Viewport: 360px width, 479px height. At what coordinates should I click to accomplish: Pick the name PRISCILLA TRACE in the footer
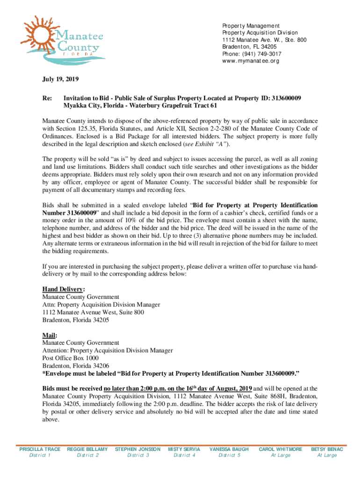coord(40,449)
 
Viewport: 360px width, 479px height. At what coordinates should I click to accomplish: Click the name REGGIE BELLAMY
coord(87,449)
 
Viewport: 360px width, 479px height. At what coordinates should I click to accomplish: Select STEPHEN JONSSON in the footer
coord(137,449)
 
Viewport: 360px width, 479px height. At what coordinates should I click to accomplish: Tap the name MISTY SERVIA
coord(184,449)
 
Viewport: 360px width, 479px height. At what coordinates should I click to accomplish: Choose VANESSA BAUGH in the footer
coord(229,449)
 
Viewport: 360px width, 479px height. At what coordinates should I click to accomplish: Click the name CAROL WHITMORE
coord(281,449)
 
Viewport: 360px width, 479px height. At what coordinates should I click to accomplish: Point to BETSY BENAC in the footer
coord(327,449)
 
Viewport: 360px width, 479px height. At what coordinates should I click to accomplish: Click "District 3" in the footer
coord(137,455)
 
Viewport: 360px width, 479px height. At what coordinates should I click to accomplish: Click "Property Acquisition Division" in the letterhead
coord(260,33)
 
